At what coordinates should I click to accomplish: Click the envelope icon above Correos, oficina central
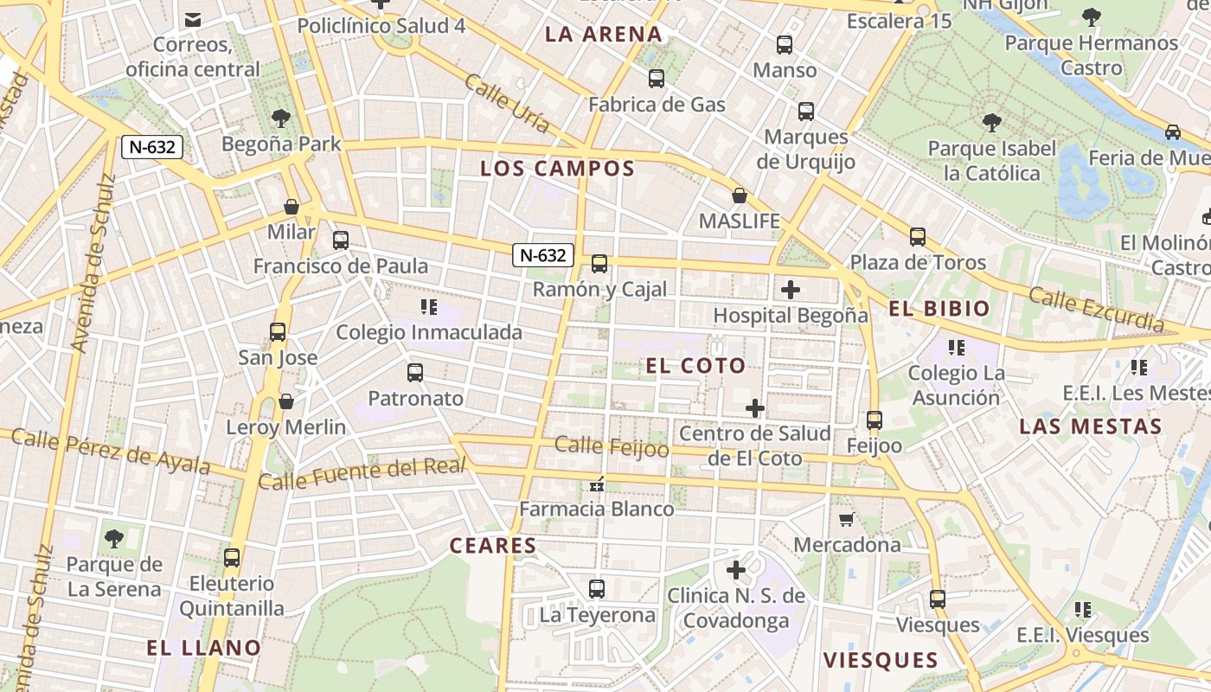193,19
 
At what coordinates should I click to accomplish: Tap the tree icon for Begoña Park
280,118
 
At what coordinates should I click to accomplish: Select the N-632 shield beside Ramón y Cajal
543,255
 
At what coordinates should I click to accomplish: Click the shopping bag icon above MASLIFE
740,195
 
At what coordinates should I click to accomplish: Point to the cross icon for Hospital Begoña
790,290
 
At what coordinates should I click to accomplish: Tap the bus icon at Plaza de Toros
918,236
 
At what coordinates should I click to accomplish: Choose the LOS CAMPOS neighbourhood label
558,169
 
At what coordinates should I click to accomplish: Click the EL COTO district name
695,366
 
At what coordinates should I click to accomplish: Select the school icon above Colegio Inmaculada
428,306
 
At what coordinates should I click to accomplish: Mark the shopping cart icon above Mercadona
847,519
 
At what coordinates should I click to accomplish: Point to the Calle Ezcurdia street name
1097,310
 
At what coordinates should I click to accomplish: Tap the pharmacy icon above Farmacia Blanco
596,484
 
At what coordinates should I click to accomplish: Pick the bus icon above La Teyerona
597,589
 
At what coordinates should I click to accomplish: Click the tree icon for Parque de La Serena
113,540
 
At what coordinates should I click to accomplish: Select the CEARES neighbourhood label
493,546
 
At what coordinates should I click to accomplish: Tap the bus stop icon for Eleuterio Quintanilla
231,558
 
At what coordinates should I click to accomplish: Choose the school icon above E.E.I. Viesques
1082,610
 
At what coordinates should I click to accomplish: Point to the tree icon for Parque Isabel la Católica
991,123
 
